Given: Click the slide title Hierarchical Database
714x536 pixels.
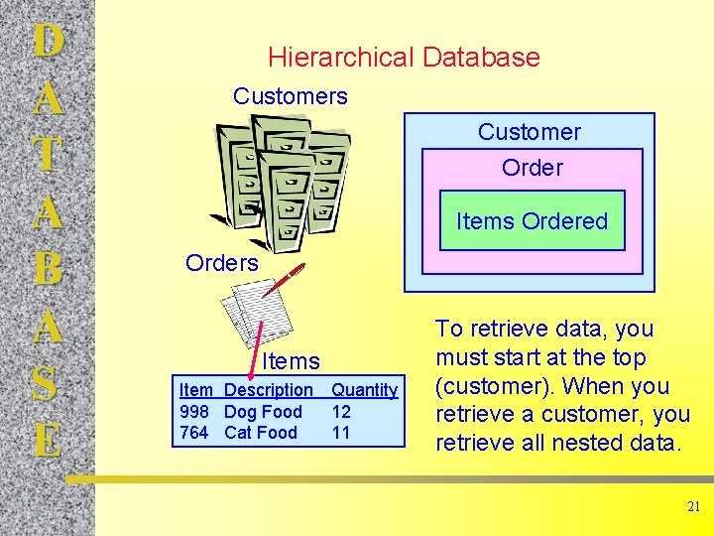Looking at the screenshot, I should [x=404, y=58].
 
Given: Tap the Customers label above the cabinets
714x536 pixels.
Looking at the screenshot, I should [x=290, y=96].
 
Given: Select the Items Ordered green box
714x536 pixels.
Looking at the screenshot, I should [x=532, y=221].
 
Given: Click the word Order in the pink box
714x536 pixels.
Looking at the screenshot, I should [x=532, y=168].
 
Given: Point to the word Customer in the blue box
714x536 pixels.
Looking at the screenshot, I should [x=529, y=132].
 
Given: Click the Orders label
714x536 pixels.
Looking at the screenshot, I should [x=221, y=263].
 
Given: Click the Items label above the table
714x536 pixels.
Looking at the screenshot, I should [x=291, y=361].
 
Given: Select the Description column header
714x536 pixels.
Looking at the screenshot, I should [x=268, y=391].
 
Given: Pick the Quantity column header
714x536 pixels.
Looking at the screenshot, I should [x=364, y=391].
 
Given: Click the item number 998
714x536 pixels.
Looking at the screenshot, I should [x=194, y=412].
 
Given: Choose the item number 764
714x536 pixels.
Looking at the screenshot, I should [x=194, y=433].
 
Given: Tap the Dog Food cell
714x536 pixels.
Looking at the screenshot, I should [x=263, y=412].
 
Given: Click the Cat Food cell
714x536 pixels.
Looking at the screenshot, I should [x=260, y=433].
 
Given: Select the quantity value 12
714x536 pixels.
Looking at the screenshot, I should [x=341, y=412].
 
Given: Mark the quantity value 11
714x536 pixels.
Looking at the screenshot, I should [x=341, y=433].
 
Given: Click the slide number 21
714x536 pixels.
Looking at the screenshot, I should [x=693, y=507].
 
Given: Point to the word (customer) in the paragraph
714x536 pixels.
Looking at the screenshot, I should [x=488, y=386].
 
